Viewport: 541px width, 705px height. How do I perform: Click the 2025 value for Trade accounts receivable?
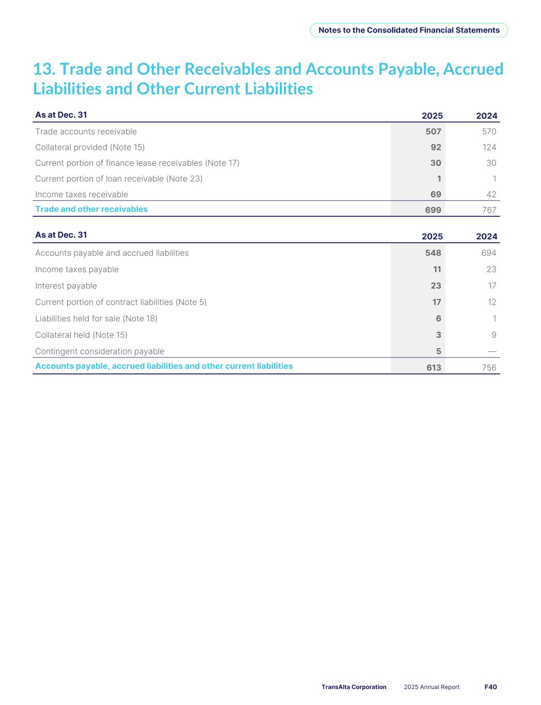point(433,132)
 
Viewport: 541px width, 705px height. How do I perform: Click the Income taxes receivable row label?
point(82,194)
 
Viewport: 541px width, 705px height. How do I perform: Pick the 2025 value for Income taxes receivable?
point(436,194)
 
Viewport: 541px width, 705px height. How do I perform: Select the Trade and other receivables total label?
point(91,209)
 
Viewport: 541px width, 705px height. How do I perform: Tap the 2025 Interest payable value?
point(436,286)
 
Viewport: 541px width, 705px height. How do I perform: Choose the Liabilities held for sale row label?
point(96,319)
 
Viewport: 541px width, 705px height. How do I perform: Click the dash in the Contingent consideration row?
point(492,351)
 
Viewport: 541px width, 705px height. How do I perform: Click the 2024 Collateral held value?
point(494,335)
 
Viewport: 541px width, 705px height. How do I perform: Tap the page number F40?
point(490,687)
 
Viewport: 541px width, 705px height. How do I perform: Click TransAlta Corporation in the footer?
point(354,687)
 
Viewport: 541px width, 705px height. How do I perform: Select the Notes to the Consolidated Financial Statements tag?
point(409,30)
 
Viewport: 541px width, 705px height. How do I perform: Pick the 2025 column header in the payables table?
point(432,237)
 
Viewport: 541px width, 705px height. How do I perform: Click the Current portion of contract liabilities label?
point(121,302)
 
